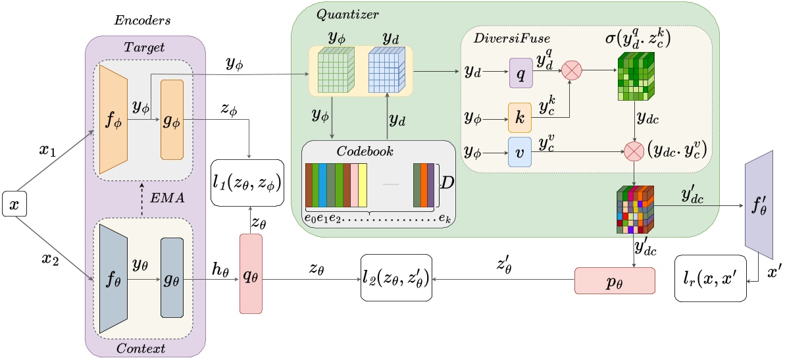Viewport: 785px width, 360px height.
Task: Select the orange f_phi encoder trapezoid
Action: point(113,119)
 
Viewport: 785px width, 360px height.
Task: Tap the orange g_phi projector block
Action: point(172,120)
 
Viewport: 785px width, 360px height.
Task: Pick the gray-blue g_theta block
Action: point(172,277)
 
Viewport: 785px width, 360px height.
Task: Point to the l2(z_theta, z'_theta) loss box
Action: point(397,277)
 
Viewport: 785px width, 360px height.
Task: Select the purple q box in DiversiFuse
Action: point(521,72)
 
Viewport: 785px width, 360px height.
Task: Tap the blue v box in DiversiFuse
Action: point(520,151)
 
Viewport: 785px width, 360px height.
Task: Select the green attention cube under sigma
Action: point(634,75)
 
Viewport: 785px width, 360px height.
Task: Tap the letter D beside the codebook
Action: point(447,184)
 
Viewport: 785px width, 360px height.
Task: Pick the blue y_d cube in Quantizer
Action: point(388,70)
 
